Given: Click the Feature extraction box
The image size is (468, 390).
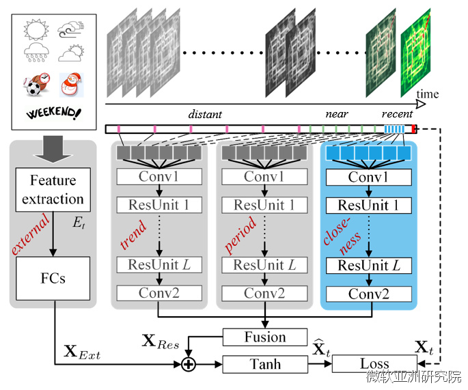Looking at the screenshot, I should (53, 190).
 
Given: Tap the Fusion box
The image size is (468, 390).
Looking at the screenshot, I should (264, 337).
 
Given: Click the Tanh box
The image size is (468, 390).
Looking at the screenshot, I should (264, 364).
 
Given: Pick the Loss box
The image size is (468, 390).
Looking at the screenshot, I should (374, 364).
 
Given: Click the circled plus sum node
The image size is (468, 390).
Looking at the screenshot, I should (188, 365).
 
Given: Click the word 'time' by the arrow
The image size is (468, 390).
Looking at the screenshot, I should (428, 94).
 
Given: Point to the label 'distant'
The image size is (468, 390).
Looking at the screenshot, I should (205, 114).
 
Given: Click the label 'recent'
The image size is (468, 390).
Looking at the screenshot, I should (397, 114).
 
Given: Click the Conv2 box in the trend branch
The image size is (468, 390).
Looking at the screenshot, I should (159, 294).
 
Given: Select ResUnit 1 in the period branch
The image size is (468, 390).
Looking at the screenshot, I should (264, 206).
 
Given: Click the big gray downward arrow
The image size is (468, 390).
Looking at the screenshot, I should (53, 148).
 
